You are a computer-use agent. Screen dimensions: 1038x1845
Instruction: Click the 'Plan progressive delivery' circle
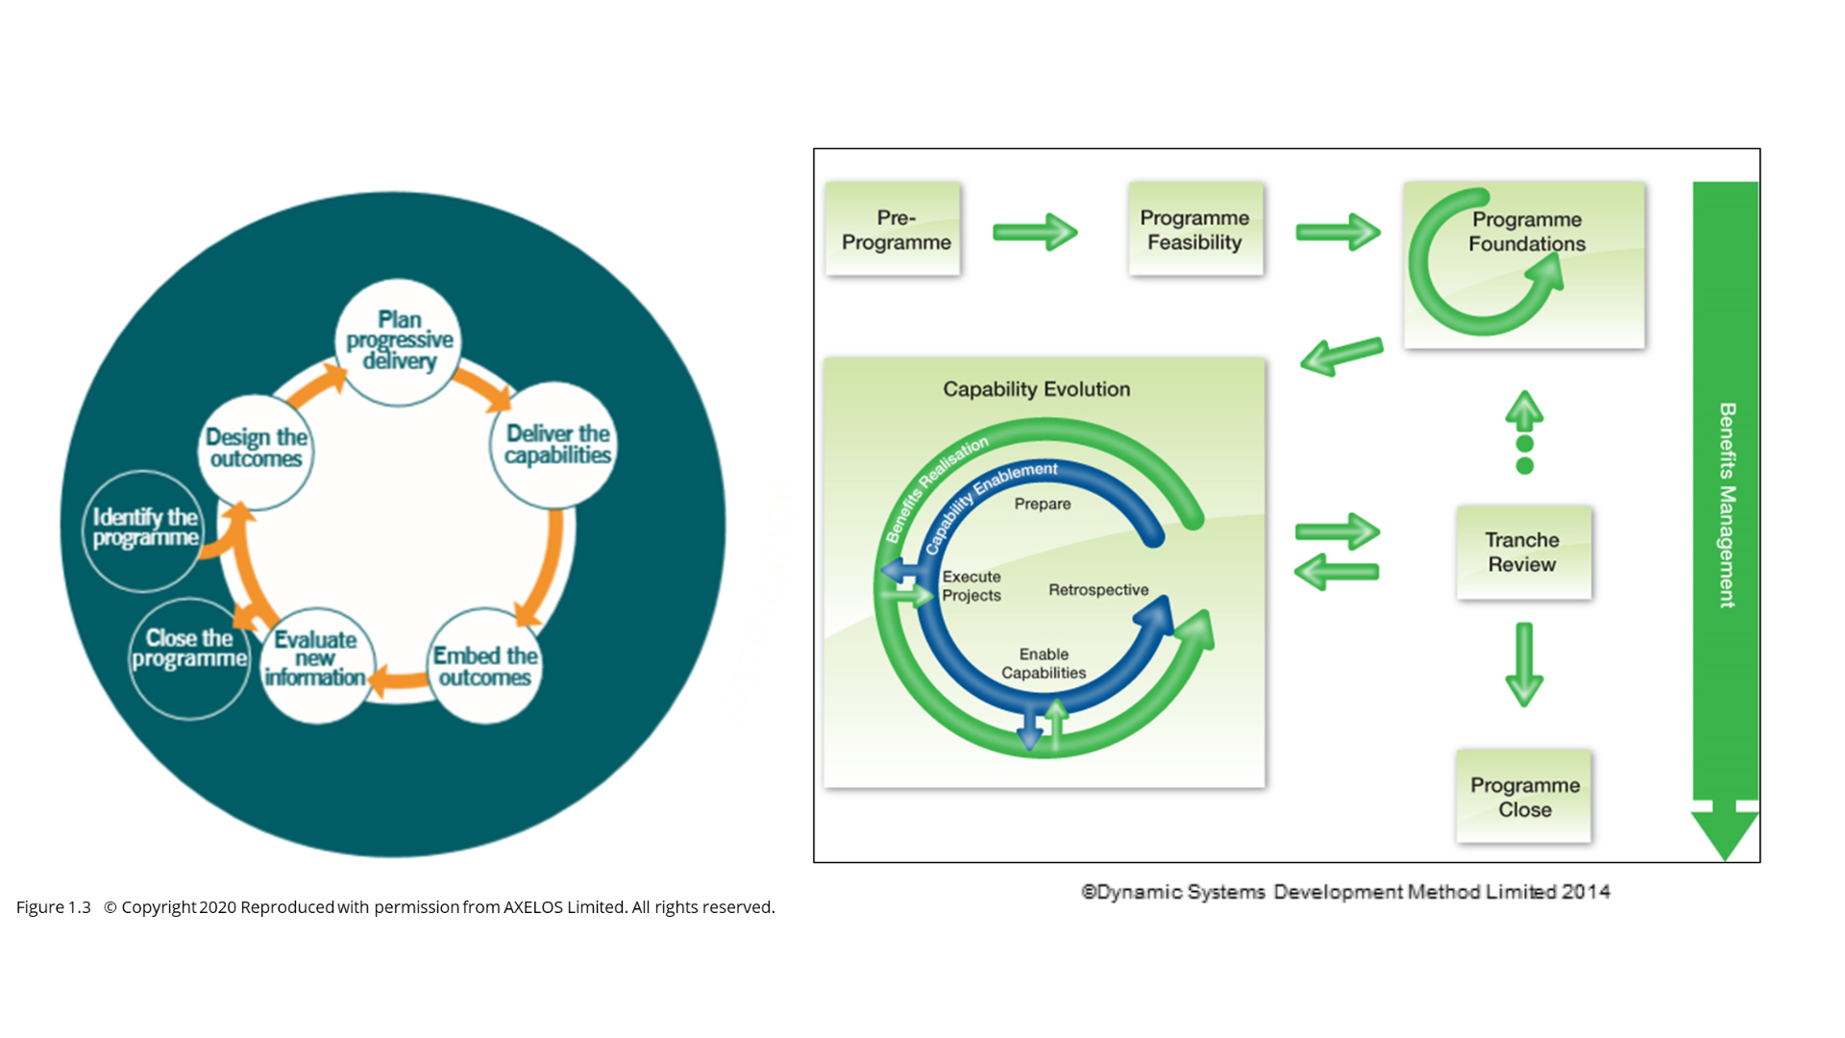[x=399, y=341]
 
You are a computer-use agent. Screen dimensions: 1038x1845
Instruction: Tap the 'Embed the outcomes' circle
[x=485, y=666]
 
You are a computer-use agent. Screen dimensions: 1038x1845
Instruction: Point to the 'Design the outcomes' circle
[x=257, y=449]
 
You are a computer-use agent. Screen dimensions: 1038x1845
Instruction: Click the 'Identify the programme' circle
[x=144, y=529]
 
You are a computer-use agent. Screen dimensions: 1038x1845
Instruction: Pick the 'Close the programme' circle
[x=188, y=650]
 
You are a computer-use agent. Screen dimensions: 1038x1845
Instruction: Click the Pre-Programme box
[x=895, y=230]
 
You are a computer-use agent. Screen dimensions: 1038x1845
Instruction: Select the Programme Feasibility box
[x=1195, y=230]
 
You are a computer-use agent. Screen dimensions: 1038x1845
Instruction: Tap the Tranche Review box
[x=1523, y=553]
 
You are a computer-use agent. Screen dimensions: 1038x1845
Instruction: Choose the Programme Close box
[x=1524, y=797]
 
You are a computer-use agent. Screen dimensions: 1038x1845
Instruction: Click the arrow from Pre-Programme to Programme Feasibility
[x=1035, y=232]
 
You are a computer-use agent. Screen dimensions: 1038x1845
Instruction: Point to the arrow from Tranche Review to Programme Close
[x=1524, y=664]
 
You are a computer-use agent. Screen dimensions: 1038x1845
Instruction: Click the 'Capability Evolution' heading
[x=1036, y=389]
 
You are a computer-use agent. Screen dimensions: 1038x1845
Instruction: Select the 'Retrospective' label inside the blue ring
[x=1098, y=590]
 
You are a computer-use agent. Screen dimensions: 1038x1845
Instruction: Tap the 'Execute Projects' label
[x=971, y=586]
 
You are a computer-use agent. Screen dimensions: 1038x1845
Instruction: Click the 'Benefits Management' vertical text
[x=1727, y=505]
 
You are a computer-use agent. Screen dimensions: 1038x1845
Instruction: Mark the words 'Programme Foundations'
[x=1527, y=232]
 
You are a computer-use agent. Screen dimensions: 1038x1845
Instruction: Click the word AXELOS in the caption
[x=533, y=907]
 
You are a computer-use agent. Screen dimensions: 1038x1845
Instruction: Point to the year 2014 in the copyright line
[x=1586, y=892]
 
